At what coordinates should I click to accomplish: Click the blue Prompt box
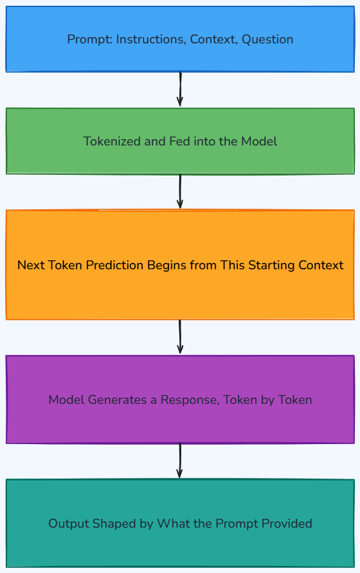pos(180,39)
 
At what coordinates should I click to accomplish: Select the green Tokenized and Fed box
pos(180,141)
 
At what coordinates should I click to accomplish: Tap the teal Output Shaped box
pos(180,523)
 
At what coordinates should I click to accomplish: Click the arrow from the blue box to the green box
pos(180,89)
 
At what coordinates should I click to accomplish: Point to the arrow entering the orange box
pos(180,191)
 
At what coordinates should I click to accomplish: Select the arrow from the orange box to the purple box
pos(180,336)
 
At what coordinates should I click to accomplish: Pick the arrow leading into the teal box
pos(180,461)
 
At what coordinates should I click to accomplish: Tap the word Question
pos(267,39)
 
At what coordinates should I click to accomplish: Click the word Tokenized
pos(112,142)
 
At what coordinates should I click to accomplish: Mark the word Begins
pos(164,265)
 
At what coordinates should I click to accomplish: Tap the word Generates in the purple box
pos(117,400)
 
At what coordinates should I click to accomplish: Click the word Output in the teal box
pos(68,524)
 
